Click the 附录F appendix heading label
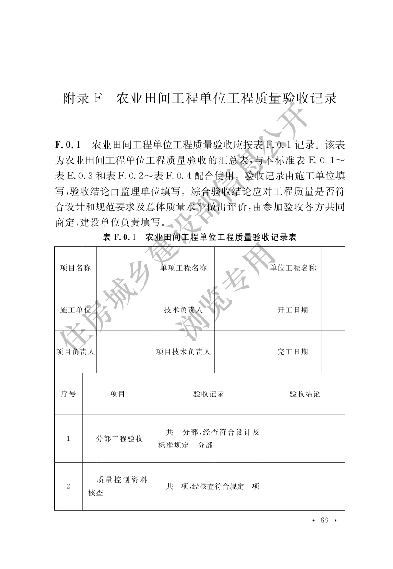tap(83, 98)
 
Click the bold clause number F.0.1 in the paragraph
tap(69, 143)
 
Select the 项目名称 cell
tap(75, 268)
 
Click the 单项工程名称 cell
tap(183, 268)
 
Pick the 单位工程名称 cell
tap(293, 268)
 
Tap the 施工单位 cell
tap(75, 310)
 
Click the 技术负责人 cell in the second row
tap(183, 310)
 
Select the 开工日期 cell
tap(293, 310)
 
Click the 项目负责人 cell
tap(75, 352)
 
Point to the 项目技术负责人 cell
tap(183, 352)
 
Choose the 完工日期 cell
tap(293, 352)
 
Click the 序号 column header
tap(68, 394)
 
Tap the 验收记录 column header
tap(209, 394)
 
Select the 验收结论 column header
tap(305, 394)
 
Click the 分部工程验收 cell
tap(119, 439)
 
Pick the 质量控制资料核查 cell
tap(118, 486)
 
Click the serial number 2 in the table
tap(68, 486)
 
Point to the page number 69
tap(325, 520)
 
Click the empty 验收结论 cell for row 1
tap(305, 439)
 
